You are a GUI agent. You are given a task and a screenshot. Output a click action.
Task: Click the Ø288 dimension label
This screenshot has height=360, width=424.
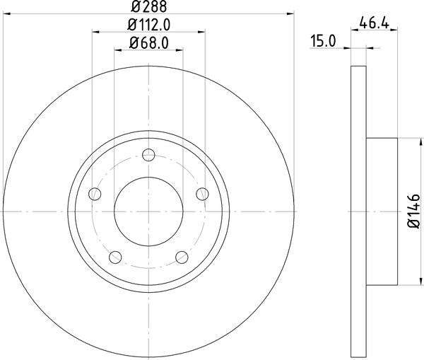(148, 6)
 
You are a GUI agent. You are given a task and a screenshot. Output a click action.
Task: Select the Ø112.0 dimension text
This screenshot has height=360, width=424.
(148, 25)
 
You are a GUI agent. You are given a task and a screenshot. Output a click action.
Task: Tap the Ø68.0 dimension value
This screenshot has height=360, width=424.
(148, 44)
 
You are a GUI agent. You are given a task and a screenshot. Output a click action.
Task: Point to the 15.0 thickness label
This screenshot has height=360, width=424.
(322, 42)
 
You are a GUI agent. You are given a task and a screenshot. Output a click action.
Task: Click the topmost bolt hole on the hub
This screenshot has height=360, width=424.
(148, 156)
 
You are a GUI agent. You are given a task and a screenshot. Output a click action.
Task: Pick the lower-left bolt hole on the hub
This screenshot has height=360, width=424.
(114, 256)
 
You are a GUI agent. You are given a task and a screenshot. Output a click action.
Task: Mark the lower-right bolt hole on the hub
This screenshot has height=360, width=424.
(181, 256)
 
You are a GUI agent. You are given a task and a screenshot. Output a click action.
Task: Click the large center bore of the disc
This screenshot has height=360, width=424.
(148, 211)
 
